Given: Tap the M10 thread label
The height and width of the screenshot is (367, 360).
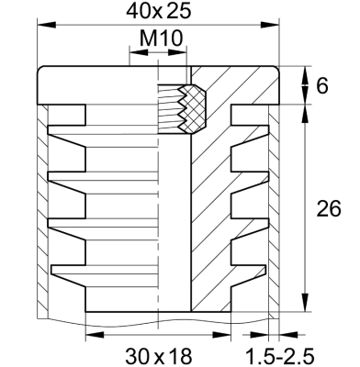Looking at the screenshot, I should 160,39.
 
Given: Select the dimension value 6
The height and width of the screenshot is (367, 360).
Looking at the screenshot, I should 322,86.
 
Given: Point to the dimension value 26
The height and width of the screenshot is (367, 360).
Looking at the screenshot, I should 328,209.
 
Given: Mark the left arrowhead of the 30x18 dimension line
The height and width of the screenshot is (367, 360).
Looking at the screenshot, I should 89,334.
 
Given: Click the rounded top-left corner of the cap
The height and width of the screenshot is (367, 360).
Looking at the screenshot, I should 42,72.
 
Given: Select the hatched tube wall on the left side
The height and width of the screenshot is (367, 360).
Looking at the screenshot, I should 40,211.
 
